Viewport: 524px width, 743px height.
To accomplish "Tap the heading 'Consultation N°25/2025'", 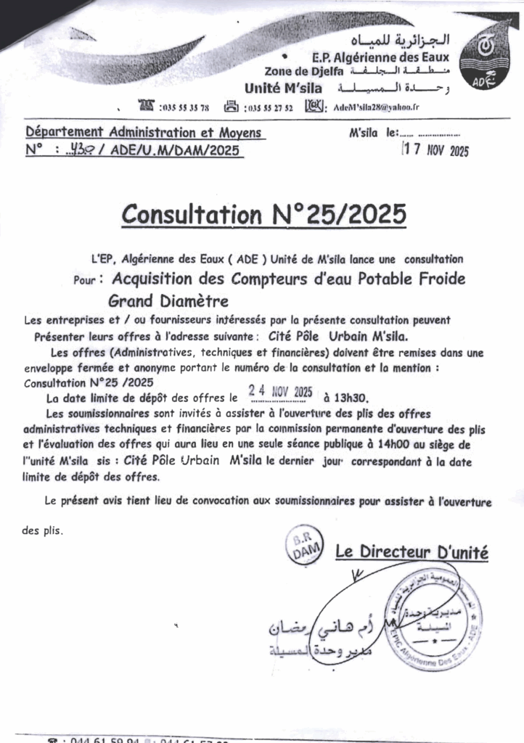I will (264, 215).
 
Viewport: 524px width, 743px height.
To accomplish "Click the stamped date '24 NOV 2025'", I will (280, 392).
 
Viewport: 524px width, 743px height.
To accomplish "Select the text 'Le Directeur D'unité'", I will (412, 553).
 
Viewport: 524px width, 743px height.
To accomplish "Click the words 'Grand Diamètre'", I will (168, 300).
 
